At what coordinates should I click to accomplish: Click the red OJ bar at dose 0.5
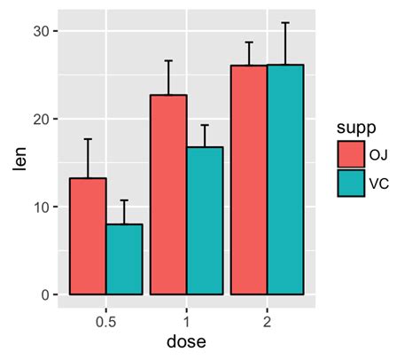88,236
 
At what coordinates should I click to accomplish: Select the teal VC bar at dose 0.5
124,259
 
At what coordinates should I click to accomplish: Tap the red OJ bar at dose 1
168,194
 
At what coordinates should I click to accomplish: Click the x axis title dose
186,340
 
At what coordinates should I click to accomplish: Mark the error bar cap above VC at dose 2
285,23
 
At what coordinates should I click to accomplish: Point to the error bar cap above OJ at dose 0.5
88,139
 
